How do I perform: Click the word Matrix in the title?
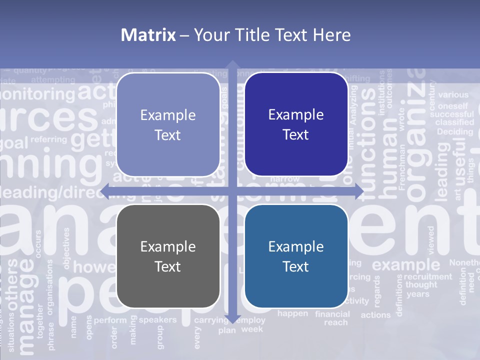(x=148, y=35)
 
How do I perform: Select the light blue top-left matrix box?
(x=168, y=124)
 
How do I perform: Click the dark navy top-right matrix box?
(x=296, y=124)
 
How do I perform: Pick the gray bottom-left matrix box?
(x=168, y=256)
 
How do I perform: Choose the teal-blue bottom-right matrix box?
(x=296, y=256)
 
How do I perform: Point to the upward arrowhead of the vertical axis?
(x=232, y=65)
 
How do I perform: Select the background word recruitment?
(x=427, y=276)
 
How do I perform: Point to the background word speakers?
(x=157, y=319)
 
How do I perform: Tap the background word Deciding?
(x=454, y=132)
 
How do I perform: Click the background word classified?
(x=454, y=122)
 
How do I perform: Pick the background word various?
(x=453, y=94)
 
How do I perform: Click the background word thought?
(x=421, y=285)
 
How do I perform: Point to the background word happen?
(x=293, y=313)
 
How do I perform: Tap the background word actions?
(x=375, y=315)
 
